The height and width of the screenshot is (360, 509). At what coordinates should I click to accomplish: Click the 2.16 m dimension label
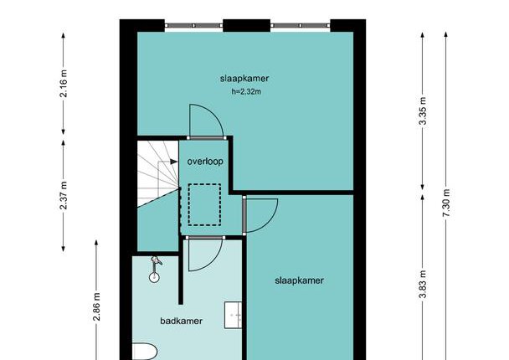[x=64, y=84]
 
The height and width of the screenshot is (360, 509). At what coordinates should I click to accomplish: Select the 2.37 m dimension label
[x=64, y=195]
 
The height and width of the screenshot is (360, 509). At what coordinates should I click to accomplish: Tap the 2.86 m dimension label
[x=96, y=306]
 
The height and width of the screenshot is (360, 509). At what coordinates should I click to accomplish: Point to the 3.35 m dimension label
[x=423, y=111]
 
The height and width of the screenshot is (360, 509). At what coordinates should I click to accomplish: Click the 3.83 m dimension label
[x=423, y=284]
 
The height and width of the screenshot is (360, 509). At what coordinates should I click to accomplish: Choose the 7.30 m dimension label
[x=446, y=203]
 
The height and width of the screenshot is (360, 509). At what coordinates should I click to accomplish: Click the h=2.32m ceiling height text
[x=246, y=91]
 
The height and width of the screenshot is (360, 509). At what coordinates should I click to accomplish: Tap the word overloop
[x=205, y=162]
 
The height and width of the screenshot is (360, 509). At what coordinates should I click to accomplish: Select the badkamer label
[x=181, y=321]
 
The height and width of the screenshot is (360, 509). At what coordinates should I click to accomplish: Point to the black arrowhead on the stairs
[x=174, y=162]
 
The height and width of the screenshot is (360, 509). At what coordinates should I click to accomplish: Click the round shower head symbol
[x=154, y=277]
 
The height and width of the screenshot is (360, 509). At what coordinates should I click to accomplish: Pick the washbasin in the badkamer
[x=233, y=315]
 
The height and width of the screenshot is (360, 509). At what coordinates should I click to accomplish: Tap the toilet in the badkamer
[x=145, y=352]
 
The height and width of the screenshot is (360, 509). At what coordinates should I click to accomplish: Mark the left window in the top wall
[x=193, y=25]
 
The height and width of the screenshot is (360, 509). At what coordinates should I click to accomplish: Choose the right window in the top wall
[x=301, y=25]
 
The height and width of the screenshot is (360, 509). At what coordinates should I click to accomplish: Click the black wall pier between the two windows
[x=247, y=25]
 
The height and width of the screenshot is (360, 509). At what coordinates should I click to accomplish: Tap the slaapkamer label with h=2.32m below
[x=244, y=79]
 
